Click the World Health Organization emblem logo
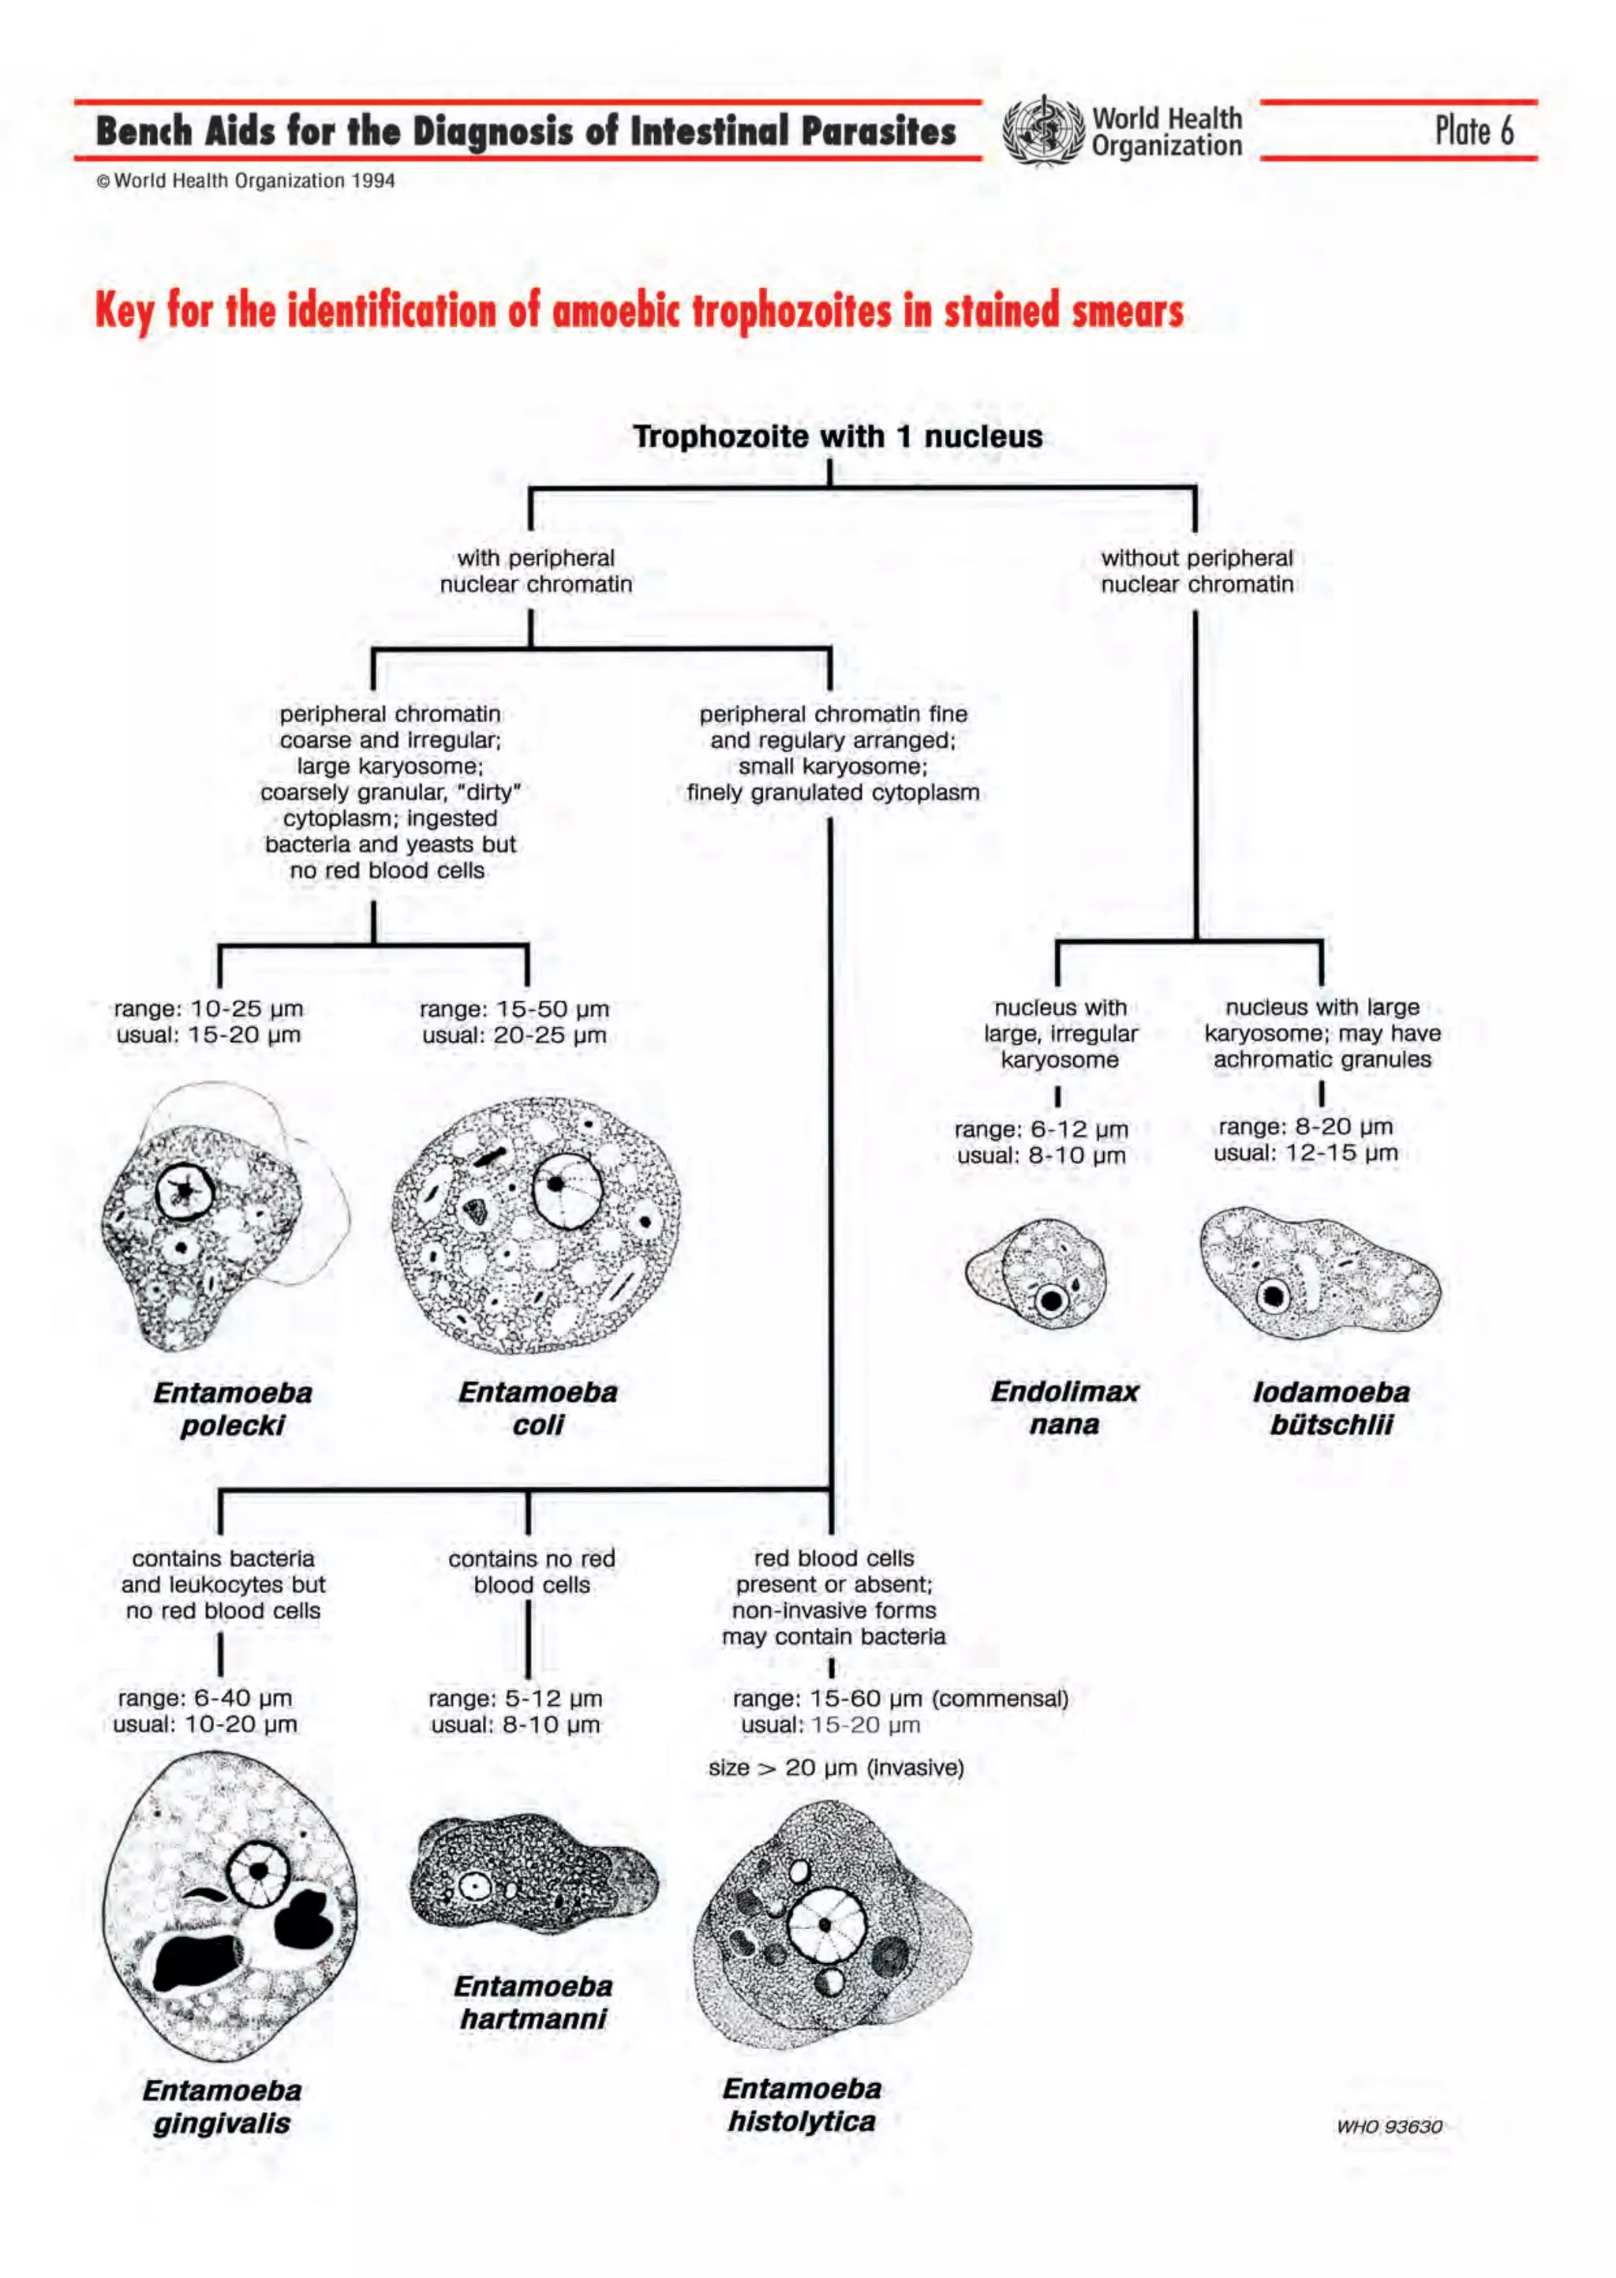(1042, 130)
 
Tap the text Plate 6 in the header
(1474, 130)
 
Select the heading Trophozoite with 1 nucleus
(838, 436)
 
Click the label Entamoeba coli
(537, 1407)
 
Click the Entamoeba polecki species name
(232, 1408)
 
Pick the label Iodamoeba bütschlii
(1330, 1407)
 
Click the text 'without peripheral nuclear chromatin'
(1196, 571)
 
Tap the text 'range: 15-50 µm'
(514, 1009)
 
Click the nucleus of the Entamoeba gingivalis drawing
(258, 1870)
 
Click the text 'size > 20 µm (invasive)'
(836, 1767)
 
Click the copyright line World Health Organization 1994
(245, 181)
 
